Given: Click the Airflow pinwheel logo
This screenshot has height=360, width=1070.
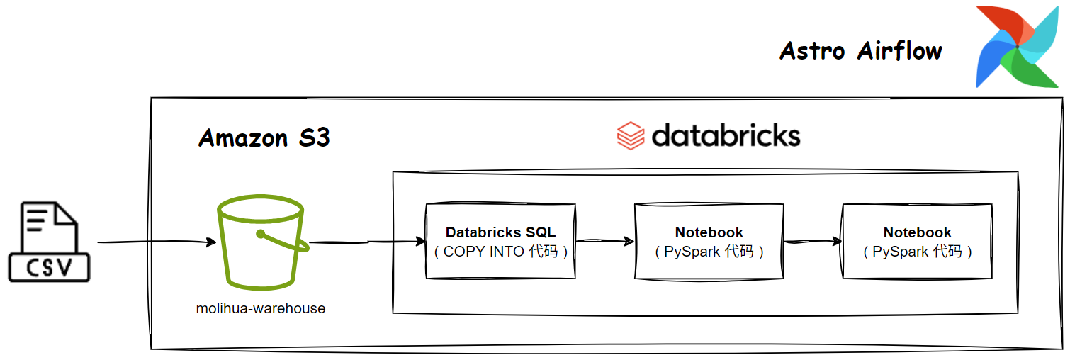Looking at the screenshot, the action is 1018,47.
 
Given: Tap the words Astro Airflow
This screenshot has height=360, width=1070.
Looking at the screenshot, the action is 861,50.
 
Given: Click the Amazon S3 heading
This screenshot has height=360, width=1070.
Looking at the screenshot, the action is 264,138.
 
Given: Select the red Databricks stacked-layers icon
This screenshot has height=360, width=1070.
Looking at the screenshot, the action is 631,135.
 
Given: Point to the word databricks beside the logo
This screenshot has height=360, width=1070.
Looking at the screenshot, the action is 726,135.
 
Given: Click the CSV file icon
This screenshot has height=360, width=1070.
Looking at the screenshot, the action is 49,242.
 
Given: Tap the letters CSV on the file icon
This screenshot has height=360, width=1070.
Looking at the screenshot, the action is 49,268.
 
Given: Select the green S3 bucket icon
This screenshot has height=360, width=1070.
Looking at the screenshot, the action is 262,242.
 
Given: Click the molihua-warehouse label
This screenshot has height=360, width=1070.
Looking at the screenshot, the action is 261,308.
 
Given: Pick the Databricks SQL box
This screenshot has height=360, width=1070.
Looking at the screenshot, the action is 500,241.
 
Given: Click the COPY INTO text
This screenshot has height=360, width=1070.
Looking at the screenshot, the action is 483,252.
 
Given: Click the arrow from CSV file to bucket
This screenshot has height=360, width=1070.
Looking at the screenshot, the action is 157,242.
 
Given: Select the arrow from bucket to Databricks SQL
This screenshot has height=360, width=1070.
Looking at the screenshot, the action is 368,242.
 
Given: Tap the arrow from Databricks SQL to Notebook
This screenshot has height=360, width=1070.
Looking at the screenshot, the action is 605,241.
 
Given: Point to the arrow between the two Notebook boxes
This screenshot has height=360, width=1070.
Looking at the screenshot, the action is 813,242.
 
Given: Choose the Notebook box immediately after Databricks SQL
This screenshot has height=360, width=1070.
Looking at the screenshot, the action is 709,241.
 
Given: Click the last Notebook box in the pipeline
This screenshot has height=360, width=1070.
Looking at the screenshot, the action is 918,241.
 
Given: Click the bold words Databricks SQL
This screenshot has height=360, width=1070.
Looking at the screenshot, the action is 500,232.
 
